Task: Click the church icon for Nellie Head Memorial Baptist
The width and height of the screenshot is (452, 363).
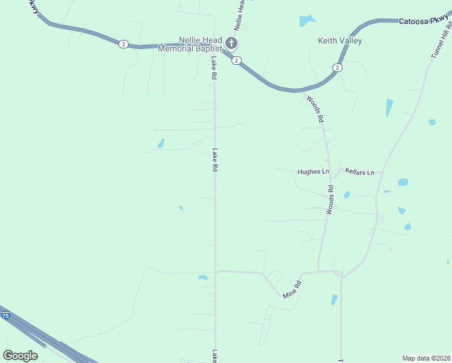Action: point(231,43)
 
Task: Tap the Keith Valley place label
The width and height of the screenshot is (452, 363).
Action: point(340,41)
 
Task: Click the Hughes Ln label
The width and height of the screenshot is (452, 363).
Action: point(313,172)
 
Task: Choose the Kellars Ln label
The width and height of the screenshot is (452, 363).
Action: point(360,172)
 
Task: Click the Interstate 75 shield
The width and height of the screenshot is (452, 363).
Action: point(5,316)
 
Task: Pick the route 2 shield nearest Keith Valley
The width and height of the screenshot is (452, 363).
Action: point(337,67)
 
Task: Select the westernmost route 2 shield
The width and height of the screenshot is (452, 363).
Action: point(123,44)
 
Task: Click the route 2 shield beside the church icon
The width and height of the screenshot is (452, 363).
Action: point(237,60)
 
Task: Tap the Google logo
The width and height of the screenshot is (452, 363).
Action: point(21,355)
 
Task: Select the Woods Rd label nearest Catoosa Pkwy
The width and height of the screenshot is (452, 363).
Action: point(315,110)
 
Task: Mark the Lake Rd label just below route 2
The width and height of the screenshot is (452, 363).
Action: point(213,68)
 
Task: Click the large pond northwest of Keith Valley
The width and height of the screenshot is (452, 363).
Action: point(307,21)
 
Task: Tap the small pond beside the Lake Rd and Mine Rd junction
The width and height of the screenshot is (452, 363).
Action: point(203,278)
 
